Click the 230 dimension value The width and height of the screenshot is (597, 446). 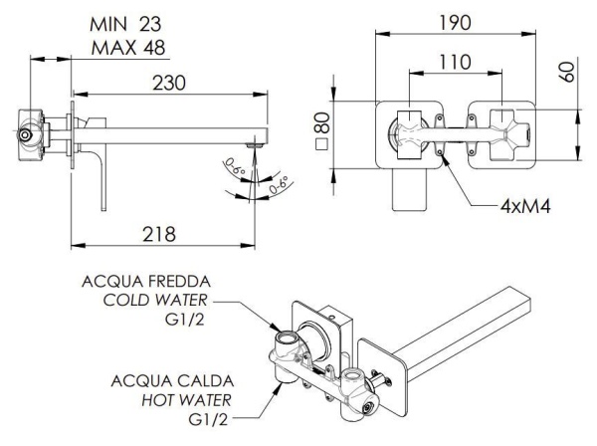pyautogui.click(x=169, y=83)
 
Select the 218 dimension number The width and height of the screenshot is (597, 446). pyautogui.click(x=159, y=234)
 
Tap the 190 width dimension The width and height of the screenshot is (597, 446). pyautogui.click(x=455, y=23)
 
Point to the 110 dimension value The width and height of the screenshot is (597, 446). pyautogui.click(x=455, y=62)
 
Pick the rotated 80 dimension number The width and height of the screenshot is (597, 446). pyautogui.click(x=321, y=122)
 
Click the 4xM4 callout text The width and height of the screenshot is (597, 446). pyautogui.click(x=525, y=207)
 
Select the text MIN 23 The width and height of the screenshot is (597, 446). pyautogui.click(x=125, y=25)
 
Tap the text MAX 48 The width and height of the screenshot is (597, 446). pyautogui.click(x=128, y=48)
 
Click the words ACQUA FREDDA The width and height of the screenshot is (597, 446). pyautogui.click(x=146, y=282)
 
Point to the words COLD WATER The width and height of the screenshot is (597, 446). pyautogui.click(x=155, y=300)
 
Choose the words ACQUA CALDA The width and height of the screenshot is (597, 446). pyautogui.click(x=172, y=381)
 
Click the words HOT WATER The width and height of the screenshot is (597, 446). pyautogui.click(x=187, y=400)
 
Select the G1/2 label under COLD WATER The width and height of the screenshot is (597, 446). pyautogui.click(x=185, y=320)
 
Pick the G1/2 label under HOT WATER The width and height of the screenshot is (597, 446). pyautogui.click(x=208, y=419)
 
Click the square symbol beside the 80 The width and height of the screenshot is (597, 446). pyautogui.click(x=321, y=145)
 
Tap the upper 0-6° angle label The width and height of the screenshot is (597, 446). pyautogui.click(x=235, y=167)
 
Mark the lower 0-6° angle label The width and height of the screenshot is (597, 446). pyautogui.click(x=278, y=185)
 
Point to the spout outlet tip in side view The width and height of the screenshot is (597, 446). pyautogui.click(x=256, y=145)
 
